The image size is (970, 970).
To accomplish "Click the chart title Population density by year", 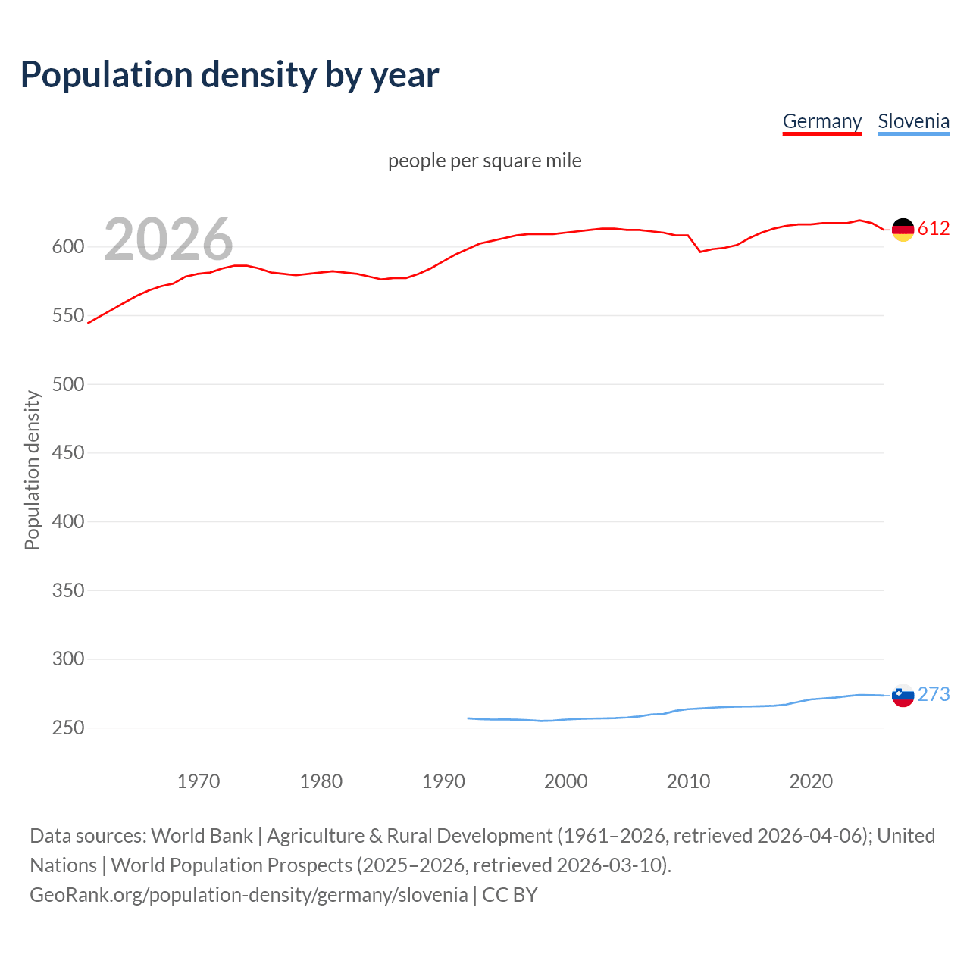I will pos(230,75).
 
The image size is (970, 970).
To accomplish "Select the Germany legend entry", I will pos(821,121).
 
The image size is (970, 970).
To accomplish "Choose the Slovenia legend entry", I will pos(913,121).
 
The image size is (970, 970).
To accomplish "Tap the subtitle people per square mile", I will pos(484,161).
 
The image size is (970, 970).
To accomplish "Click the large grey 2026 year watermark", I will pos(168,239).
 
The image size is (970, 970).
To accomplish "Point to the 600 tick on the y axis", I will pos(67,247).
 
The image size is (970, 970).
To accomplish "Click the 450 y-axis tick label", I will pos(67,453).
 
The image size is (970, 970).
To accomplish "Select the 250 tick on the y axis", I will pos(67,727).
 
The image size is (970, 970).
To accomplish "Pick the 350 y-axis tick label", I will pos(67,590).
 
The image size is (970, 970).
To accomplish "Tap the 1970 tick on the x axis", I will pos(199,781).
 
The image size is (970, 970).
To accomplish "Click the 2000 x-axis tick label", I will pos(565,781).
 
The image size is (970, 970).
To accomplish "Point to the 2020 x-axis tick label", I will pos(811,781).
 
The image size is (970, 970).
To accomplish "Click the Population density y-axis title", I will pos(32,470).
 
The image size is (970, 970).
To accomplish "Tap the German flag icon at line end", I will pos(903,229).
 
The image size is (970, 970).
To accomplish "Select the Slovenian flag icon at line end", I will pos(903,695).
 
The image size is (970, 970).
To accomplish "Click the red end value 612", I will pos(934,229).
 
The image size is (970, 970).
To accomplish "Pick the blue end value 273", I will pos(934,695).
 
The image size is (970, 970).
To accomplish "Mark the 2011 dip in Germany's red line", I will pos(700,252).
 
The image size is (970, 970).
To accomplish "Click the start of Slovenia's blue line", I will pos(468,718).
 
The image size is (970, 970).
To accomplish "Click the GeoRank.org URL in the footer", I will pos(249,895).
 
